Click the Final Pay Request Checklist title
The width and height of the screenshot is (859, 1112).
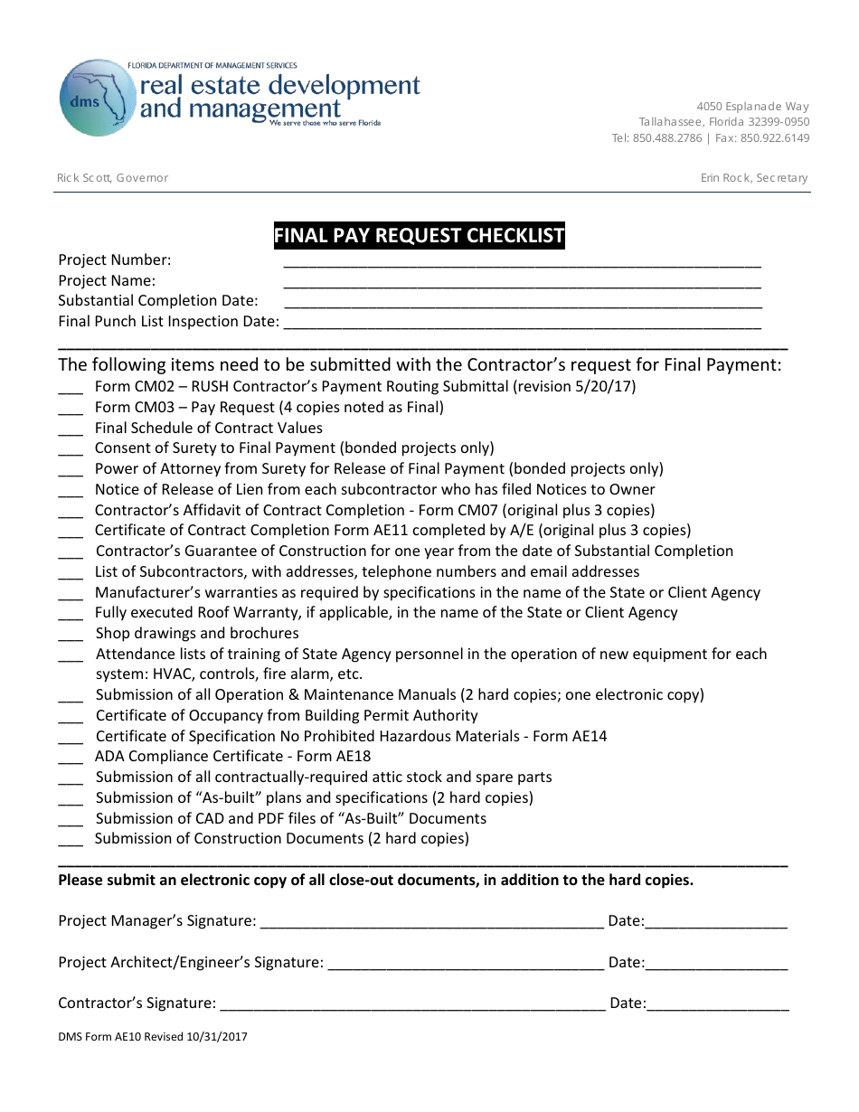(419, 236)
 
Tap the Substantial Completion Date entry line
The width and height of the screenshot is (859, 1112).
(522, 305)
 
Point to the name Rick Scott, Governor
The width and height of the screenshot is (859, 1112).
(112, 178)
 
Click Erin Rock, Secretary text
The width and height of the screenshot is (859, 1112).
(754, 178)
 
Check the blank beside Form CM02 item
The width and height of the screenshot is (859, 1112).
(71, 390)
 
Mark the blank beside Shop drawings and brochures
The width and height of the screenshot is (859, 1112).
(71, 636)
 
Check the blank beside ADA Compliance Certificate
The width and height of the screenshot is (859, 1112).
(71, 759)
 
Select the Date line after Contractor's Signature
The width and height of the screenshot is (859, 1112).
(718, 1006)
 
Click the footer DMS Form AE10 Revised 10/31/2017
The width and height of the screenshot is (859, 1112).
(153, 1037)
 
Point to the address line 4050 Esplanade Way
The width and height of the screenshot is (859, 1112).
(752, 106)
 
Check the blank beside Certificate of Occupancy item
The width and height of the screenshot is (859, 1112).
(71, 719)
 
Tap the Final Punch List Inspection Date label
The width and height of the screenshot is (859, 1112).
(168, 321)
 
